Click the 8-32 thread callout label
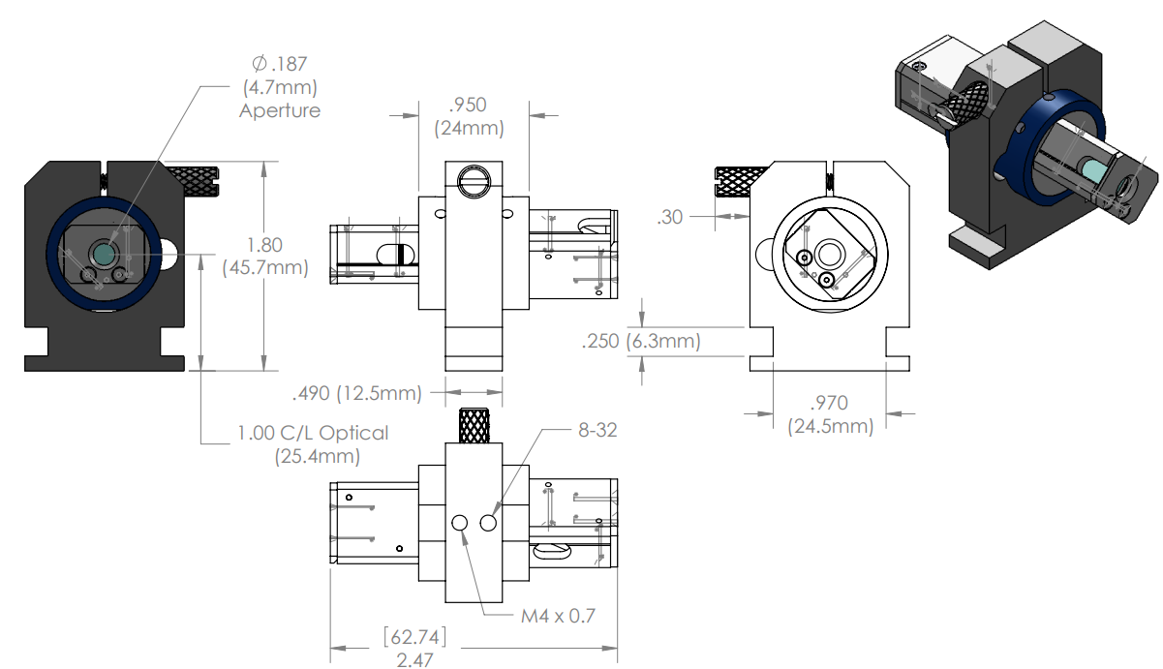click(x=597, y=430)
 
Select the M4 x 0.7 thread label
click(x=558, y=616)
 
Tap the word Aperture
click(x=280, y=110)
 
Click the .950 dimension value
click(x=468, y=105)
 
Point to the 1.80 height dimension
click(x=264, y=245)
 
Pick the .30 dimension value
click(x=670, y=217)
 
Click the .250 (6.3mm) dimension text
click(x=641, y=342)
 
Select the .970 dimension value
click(x=829, y=403)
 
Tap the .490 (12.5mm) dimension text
click(x=357, y=393)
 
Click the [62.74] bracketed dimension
click(x=414, y=637)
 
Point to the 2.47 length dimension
click(x=414, y=660)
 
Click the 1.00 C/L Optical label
click(x=313, y=433)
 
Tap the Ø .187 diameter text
click(x=280, y=64)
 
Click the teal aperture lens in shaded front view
click(x=104, y=254)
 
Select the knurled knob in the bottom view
click(x=474, y=426)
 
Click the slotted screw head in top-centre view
click(x=474, y=182)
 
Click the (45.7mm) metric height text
click(x=265, y=268)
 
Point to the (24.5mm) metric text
click(x=831, y=427)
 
